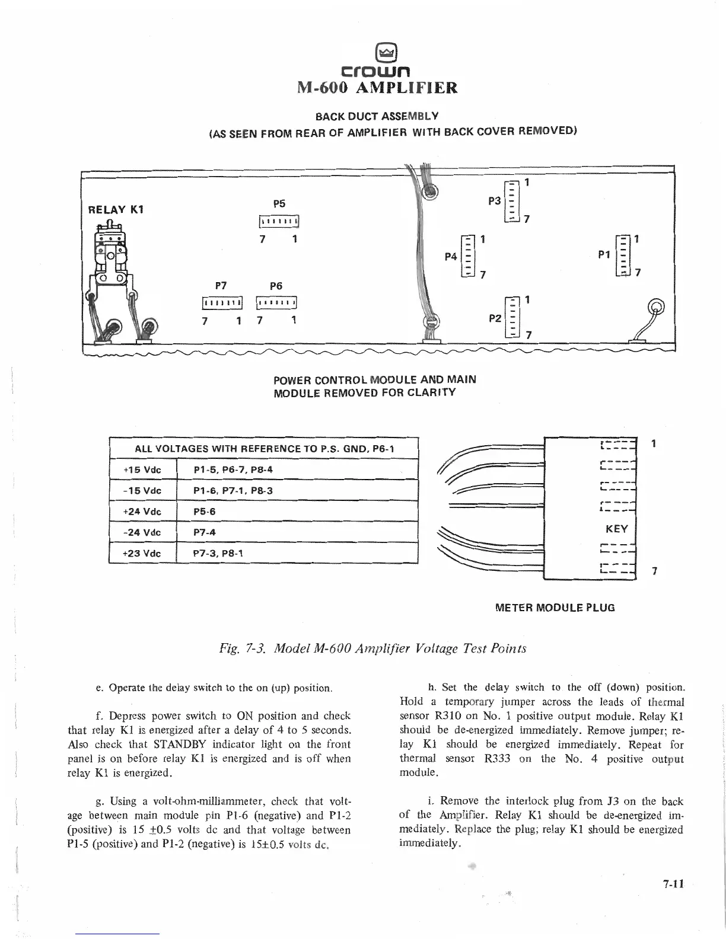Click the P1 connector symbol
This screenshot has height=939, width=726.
click(x=623, y=255)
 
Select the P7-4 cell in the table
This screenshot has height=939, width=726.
click(x=297, y=532)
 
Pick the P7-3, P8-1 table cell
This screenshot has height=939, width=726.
click(x=297, y=552)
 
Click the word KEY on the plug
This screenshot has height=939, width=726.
click(x=616, y=528)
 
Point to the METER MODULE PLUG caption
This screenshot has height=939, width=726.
click(x=555, y=607)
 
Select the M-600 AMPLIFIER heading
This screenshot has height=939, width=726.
click(x=377, y=88)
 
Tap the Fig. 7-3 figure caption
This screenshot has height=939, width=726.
click(x=372, y=648)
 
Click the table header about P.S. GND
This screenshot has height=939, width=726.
click(x=264, y=449)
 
